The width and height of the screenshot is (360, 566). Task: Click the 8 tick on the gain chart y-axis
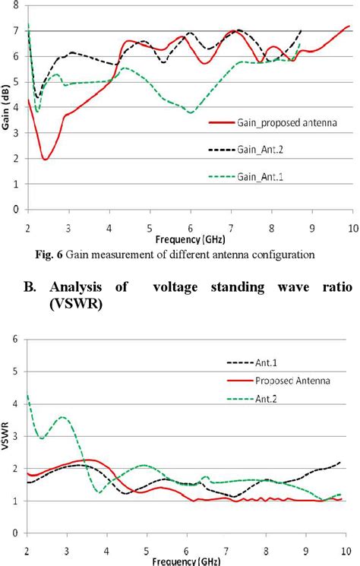pos(16,5)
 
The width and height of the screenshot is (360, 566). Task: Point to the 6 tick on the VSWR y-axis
pos(16,340)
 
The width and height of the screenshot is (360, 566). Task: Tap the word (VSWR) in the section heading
pos(84,305)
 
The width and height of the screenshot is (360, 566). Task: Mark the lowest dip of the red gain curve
pos(46,160)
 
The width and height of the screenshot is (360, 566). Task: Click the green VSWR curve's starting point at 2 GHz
pos(28,395)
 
